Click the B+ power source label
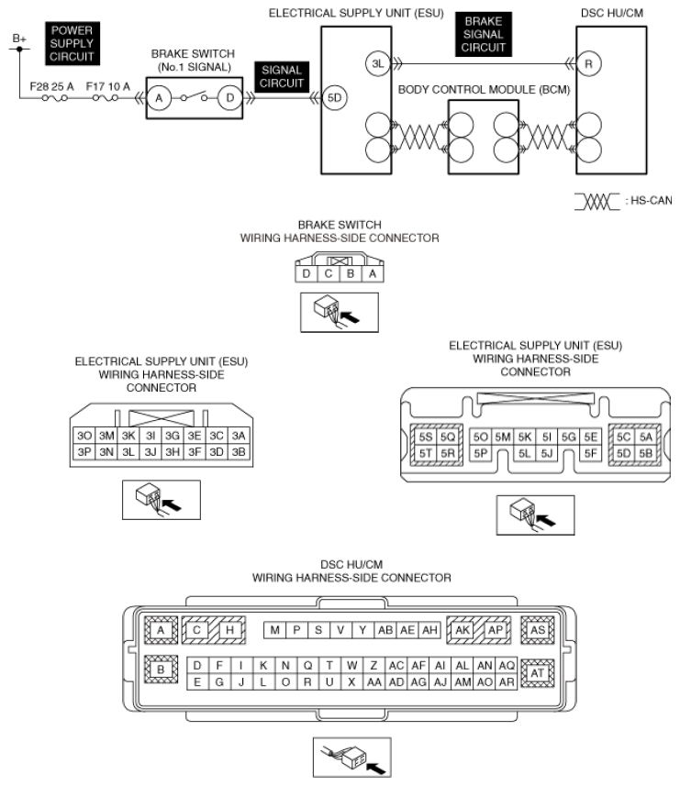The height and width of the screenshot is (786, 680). click(19, 39)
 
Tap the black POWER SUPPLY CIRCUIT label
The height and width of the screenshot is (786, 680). click(72, 44)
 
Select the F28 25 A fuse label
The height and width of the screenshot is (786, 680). click(51, 87)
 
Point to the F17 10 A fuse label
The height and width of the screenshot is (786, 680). click(107, 87)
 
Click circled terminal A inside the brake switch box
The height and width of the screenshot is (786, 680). click(159, 98)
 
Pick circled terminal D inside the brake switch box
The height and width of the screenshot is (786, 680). click(229, 98)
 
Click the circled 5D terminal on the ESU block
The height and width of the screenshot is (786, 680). click(334, 98)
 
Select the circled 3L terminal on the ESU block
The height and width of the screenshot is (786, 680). click(377, 64)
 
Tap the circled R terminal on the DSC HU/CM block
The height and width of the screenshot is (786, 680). click(588, 64)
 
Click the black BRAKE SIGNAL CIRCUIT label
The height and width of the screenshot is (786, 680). click(484, 35)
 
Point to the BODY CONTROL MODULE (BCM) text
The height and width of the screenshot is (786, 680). click(484, 90)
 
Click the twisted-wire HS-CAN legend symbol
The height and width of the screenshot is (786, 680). click(596, 202)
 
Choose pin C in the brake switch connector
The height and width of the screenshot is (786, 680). click(329, 273)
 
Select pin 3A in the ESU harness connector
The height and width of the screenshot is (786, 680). click(239, 436)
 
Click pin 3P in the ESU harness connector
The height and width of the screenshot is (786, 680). click(84, 452)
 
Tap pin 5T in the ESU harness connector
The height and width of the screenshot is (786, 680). click(425, 453)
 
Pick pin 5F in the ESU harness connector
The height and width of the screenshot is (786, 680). click(591, 453)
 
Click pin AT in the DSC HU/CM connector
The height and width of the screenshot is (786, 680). click(538, 673)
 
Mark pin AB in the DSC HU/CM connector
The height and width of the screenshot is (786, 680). click(385, 630)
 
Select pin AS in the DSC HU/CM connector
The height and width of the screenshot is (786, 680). click(538, 630)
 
